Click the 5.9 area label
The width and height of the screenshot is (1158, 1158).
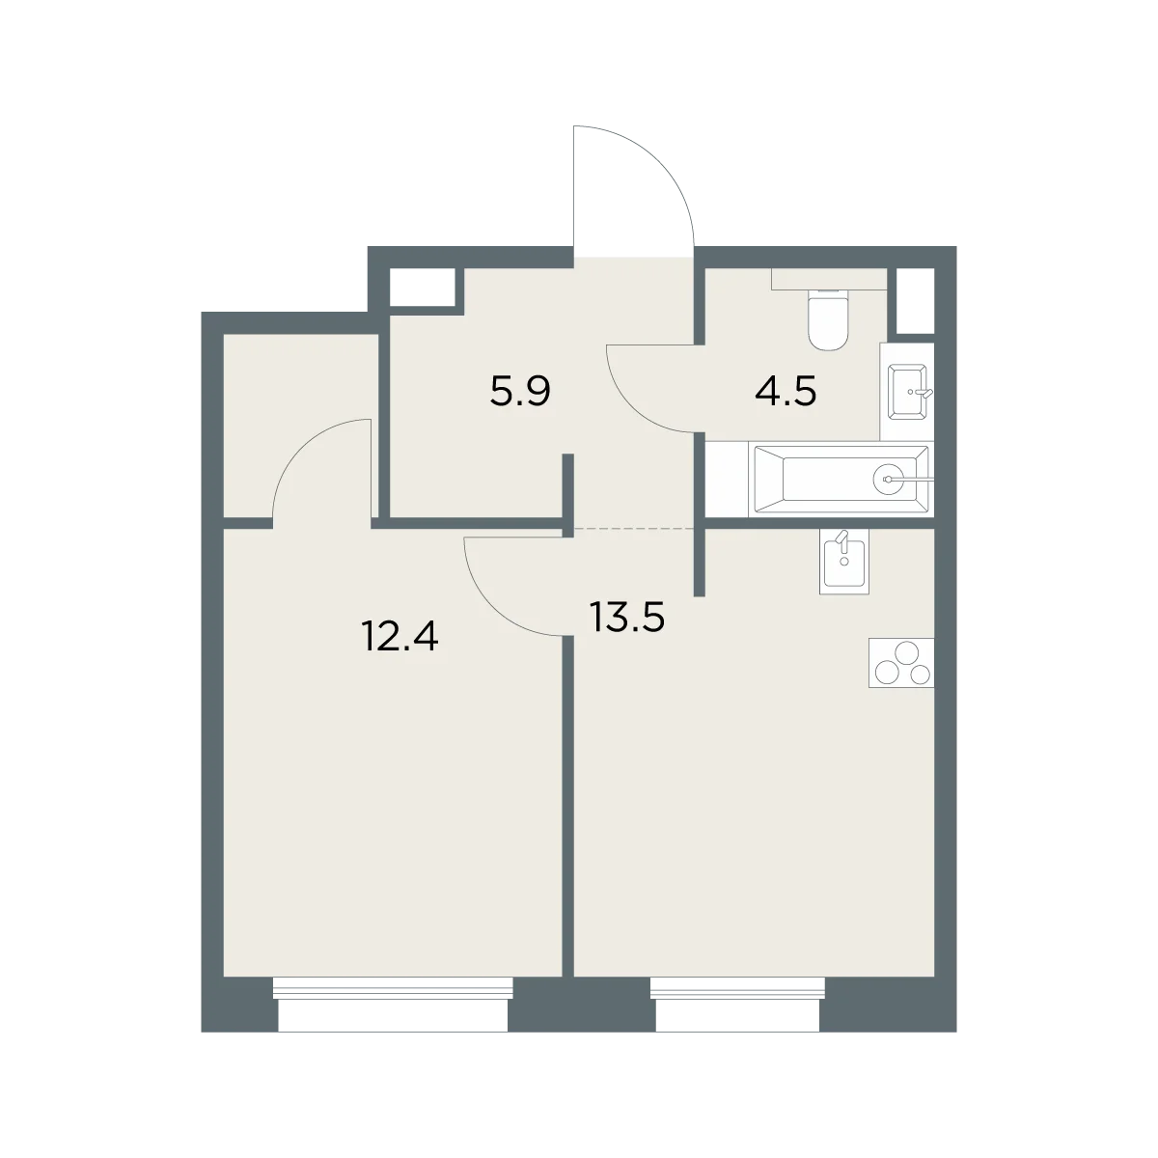pyautogui.click(x=520, y=393)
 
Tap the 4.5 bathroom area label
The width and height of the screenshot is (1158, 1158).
pyautogui.click(x=786, y=393)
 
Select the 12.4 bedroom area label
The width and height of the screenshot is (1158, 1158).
pyautogui.click(x=400, y=637)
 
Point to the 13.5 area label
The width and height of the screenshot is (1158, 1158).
pyautogui.click(x=627, y=618)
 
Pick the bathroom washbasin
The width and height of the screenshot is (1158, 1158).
pyautogui.click(x=907, y=391)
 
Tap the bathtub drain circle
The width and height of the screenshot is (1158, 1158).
pyautogui.click(x=888, y=479)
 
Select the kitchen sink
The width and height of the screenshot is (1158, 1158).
pyautogui.click(x=843, y=562)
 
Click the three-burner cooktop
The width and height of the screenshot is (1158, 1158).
pyautogui.click(x=900, y=662)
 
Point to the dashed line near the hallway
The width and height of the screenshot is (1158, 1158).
pyautogui.click(x=635, y=528)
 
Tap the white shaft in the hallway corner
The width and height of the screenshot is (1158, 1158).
pyautogui.click(x=422, y=288)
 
